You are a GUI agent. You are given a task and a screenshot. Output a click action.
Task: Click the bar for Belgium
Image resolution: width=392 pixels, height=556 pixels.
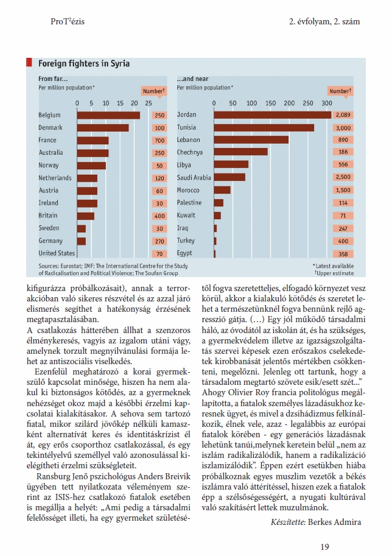[x=108, y=115]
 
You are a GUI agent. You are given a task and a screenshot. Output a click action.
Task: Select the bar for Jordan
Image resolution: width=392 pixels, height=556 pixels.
[x=273, y=115]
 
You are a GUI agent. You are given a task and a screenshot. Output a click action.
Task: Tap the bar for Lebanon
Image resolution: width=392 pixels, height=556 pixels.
[x=251, y=139]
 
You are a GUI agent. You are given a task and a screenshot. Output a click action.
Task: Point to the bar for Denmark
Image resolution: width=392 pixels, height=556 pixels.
[x=103, y=128]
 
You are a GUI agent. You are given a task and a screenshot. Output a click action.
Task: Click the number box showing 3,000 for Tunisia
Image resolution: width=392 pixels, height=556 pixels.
[x=343, y=128]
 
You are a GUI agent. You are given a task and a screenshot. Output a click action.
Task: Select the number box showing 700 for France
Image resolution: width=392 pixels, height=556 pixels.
[x=159, y=141]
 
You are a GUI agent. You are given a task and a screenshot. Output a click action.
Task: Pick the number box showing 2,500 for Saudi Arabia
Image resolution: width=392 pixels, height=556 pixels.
[x=343, y=177]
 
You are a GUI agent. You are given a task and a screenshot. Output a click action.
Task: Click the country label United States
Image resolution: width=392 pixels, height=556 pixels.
[x=57, y=253]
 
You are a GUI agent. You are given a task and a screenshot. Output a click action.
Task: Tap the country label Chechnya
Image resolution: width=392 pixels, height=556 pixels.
[x=190, y=152]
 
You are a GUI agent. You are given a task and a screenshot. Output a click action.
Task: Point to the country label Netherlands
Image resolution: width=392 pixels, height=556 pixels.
[x=55, y=178]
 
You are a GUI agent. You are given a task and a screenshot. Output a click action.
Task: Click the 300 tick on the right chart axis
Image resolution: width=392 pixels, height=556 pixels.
[x=327, y=103]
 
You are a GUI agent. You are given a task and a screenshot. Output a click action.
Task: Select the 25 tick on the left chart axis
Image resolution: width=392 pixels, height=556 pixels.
[x=148, y=103]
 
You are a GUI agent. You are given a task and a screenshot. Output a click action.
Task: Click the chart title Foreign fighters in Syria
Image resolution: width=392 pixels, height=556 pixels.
[x=84, y=63]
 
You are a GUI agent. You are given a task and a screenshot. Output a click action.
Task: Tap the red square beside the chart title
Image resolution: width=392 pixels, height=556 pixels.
[x=29, y=62]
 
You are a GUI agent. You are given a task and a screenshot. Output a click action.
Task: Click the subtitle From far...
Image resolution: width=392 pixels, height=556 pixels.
[x=53, y=79]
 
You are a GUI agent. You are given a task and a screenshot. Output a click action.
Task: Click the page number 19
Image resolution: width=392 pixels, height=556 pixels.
[x=324, y=547]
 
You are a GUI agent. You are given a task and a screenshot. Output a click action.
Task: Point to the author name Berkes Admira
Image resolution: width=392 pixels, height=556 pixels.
[x=334, y=522]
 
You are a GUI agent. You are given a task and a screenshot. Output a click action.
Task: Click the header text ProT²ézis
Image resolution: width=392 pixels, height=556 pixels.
[x=68, y=21]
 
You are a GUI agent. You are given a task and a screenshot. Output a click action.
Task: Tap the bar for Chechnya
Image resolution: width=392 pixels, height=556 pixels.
[x=240, y=152]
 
